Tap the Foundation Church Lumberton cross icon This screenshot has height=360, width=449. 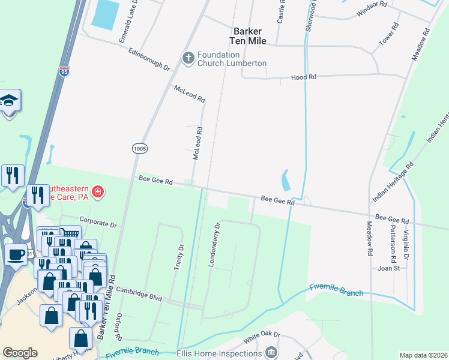[x=188, y=58]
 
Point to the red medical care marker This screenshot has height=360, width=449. [x=98, y=193]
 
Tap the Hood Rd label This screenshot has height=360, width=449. [x=304, y=77]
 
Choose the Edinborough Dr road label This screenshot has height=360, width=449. [x=149, y=58]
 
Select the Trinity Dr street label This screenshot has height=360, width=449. [x=178, y=256]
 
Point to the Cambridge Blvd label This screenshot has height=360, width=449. [x=139, y=297]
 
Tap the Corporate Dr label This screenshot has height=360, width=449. [x=97, y=222]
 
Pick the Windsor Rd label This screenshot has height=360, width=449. [x=369, y=12]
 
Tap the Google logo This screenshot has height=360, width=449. [x=20, y=353]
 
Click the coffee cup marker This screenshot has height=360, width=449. [x=16, y=254]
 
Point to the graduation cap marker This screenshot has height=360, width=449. [x=10, y=100]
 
